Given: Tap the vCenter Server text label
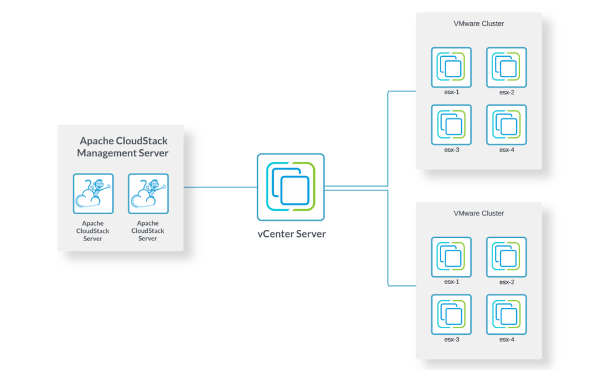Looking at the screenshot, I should pos(292,234).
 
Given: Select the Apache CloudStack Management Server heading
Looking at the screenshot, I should pos(123,147).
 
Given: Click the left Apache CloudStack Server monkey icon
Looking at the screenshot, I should pos(93,193).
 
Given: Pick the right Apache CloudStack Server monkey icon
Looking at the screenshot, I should pos(148,193).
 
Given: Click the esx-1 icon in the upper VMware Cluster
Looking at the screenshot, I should pos(451,67).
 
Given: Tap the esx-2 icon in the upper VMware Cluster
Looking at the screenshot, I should pos(506,67).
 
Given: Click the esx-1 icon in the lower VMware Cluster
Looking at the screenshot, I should pos(451,257).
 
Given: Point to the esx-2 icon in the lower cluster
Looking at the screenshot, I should pos(506,257).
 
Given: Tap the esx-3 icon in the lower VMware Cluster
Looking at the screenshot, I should pos(451,314).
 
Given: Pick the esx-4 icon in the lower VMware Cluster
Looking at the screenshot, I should pos(506,314).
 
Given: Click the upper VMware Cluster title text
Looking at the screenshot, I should pos(479,24).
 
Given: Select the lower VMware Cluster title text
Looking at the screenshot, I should pos(479,213).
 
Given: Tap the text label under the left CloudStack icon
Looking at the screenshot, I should pos(93,231).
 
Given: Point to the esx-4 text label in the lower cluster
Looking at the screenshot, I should pos(506,340).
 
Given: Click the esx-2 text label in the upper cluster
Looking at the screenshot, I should pos(506,92).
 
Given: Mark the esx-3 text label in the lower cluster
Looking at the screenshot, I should pos(451,340).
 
